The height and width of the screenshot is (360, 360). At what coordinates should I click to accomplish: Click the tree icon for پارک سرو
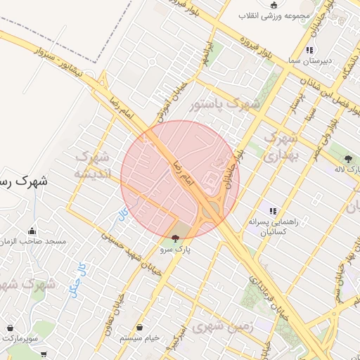175,238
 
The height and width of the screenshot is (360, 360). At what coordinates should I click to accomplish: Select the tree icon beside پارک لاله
349,160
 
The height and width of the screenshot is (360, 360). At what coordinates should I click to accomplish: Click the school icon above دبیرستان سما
309,50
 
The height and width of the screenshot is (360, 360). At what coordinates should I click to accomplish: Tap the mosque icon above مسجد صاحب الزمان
32,231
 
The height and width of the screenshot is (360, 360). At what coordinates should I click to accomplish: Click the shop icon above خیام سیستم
139,328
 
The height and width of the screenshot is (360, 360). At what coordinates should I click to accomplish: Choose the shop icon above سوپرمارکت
11,328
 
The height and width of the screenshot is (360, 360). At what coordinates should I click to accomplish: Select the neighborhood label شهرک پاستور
225,105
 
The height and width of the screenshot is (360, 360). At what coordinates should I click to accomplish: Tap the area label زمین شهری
221,326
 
